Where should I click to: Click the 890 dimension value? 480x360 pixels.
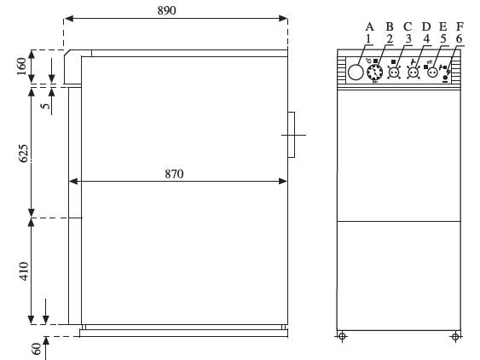pyautogui.click(x=166, y=10)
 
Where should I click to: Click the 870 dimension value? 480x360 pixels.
pyautogui.click(x=174, y=174)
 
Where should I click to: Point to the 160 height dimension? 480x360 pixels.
pyautogui.click(x=21, y=67)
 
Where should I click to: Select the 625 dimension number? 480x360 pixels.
pyautogui.click(x=23, y=154)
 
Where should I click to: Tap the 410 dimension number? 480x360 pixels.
pyautogui.click(x=24, y=270)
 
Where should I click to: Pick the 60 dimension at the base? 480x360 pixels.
pyautogui.click(x=36, y=349)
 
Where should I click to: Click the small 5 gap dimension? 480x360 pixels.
pyautogui.click(x=45, y=106)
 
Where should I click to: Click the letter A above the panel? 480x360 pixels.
pyautogui.click(x=369, y=27)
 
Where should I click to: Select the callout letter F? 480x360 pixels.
pyautogui.click(x=460, y=26)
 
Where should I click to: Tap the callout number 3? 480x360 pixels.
pyautogui.click(x=408, y=39)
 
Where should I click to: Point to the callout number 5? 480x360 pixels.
pyautogui.click(x=443, y=39)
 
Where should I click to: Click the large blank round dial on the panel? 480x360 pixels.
pyautogui.click(x=356, y=73)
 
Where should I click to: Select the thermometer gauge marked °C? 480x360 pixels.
pyautogui.click(x=374, y=73)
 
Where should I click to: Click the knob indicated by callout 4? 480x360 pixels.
pyautogui.click(x=413, y=73)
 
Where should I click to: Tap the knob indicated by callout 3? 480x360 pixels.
pyautogui.click(x=394, y=73)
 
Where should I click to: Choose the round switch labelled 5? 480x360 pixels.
pyautogui.click(x=432, y=73)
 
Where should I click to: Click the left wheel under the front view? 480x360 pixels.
pyautogui.click(x=342, y=337)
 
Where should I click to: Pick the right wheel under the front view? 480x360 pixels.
pyautogui.click(x=455, y=337)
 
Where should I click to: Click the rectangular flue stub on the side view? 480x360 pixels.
pyautogui.click(x=291, y=135)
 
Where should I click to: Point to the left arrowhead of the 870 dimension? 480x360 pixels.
pyautogui.click(x=73, y=182)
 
